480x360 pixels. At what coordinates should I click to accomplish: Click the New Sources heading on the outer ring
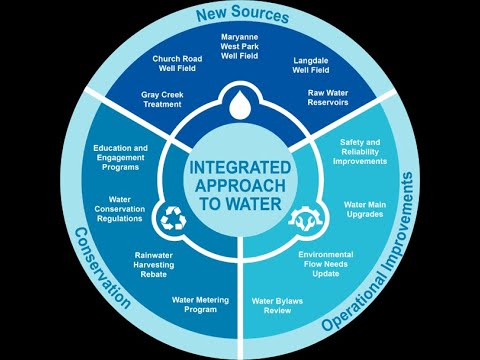[241, 17]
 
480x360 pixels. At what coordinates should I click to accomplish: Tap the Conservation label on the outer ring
[101, 269]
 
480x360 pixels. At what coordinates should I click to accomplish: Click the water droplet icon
[241, 106]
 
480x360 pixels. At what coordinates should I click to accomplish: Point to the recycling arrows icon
[175, 217]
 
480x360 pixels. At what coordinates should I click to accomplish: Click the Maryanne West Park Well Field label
[241, 46]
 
